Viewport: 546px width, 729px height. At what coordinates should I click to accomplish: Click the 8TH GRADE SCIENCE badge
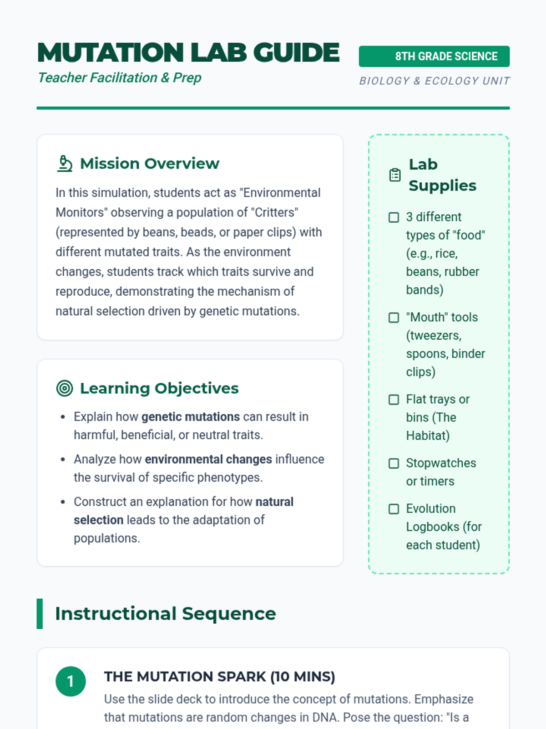[434, 56]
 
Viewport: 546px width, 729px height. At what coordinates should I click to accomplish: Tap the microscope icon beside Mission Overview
[65, 164]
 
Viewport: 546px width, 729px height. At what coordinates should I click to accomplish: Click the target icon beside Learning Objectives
[65, 388]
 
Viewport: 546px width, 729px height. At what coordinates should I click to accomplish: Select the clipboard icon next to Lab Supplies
[395, 175]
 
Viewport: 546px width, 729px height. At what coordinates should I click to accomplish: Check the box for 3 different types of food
[394, 217]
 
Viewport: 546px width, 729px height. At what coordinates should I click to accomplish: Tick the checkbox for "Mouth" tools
[394, 318]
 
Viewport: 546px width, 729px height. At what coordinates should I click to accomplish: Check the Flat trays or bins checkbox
[394, 400]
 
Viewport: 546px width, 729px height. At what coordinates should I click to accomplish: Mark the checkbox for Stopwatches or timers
[394, 463]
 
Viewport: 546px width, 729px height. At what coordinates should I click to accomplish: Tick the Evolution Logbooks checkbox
[394, 509]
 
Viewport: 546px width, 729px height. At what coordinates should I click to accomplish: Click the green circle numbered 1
[71, 681]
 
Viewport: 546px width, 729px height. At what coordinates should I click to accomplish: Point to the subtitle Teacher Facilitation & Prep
[119, 78]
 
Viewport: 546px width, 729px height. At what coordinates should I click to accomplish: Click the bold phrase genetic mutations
[190, 417]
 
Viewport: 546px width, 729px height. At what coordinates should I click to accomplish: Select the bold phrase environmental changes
[208, 459]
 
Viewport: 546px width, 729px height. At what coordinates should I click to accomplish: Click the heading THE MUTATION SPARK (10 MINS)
[219, 677]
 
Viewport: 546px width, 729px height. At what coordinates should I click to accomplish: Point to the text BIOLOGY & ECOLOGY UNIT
[434, 81]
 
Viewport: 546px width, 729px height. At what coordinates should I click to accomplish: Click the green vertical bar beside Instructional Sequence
[40, 614]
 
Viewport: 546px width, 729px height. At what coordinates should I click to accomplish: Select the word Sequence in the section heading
[229, 614]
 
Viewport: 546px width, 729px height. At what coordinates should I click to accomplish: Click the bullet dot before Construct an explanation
[63, 502]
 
